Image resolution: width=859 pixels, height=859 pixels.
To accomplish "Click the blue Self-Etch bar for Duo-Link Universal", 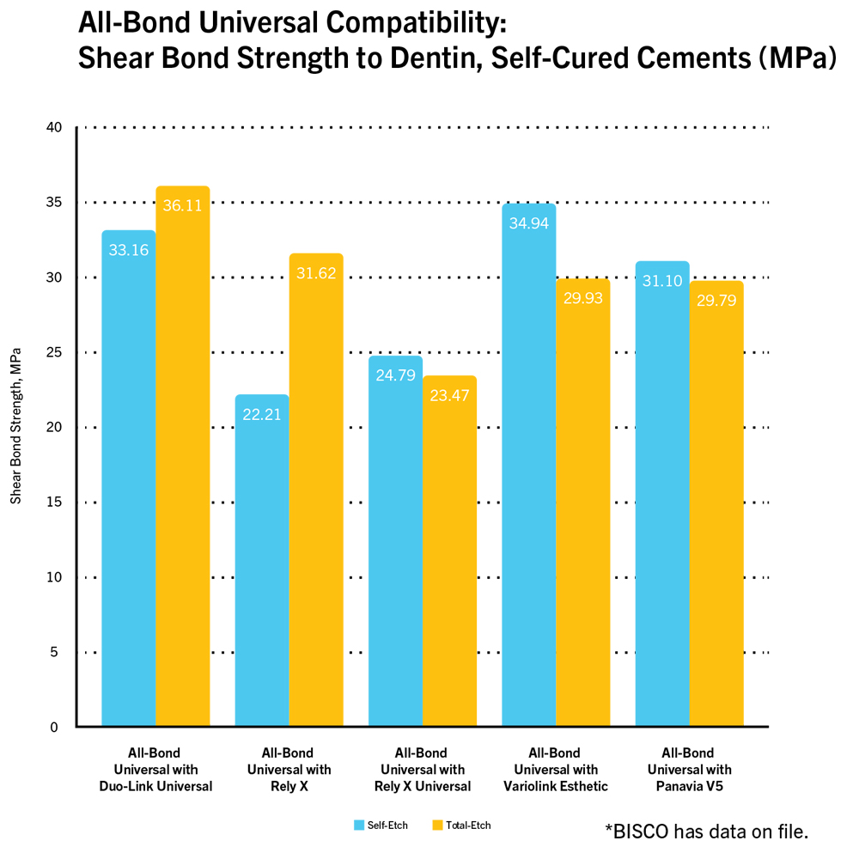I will click(x=129, y=481).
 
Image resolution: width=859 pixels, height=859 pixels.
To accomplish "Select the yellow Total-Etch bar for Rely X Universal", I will click(x=449, y=550).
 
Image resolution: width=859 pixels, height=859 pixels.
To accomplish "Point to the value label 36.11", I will click(x=182, y=206).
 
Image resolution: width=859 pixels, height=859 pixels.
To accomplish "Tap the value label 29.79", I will click(x=716, y=302).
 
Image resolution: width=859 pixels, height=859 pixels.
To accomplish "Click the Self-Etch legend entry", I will click(x=381, y=825).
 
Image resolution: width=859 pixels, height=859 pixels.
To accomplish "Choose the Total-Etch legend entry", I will click(x=461, y=825).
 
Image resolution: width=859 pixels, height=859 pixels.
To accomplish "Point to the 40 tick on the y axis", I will click(x=54, y=128).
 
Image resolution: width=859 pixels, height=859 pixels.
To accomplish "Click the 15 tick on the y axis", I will click(x=54, y=503).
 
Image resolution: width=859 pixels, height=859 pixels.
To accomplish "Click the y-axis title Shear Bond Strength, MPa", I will click(x=15, y=425).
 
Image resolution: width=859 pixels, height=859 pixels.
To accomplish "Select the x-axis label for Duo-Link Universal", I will click(x=155, y=770).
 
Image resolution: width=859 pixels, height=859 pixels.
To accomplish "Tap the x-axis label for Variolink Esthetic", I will click(x=555, y=770).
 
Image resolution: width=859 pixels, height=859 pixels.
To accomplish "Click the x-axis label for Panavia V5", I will click(x=689, y=770).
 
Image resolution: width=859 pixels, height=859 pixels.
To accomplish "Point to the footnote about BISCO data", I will click(x=706, y=831).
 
